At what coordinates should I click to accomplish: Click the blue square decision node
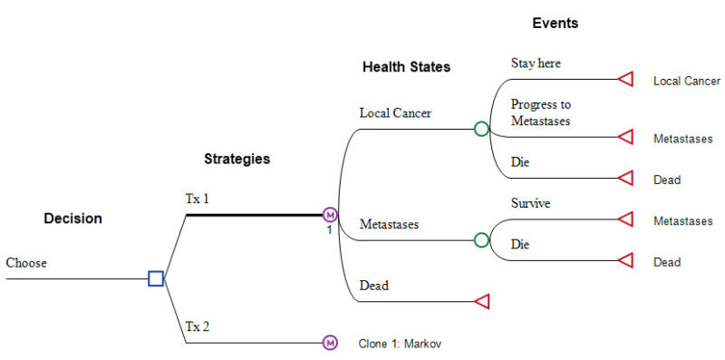tap(156, 278)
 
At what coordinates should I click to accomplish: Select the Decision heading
tap(73, 219)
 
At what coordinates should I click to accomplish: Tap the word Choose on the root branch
tap(26, 263)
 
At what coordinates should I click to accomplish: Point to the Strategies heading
tap(237, 159)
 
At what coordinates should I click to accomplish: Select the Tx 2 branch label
tap(197, 326)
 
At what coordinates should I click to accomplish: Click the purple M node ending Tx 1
tap(330, 215)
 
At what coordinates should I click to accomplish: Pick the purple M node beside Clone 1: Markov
tap(330, 343)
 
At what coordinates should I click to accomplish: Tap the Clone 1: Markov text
tap(400, 344)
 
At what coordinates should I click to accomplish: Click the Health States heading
tap(406, 67)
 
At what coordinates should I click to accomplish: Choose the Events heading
tap(555, 24)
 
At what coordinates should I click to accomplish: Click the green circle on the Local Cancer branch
tap(481, 129)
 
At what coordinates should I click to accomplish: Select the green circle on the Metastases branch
tap(481, 240)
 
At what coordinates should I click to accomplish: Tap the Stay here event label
tap(536, 63)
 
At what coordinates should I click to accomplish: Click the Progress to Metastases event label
tap(541, 112)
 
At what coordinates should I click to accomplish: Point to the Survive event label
tap(531, 203)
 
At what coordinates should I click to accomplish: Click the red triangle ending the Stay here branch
tap(624, 80)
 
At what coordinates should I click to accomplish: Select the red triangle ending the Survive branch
tap(624, 219)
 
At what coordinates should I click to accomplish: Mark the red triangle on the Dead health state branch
tap(482, 301)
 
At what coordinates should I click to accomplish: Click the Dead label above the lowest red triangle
tap(373, 286)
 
